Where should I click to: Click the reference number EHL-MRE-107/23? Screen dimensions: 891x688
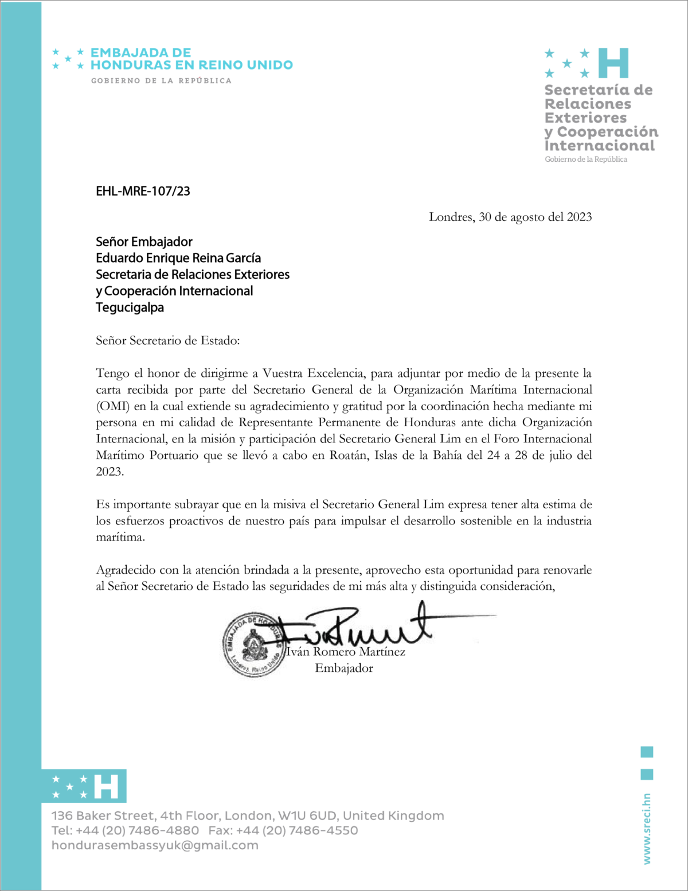[143, 191]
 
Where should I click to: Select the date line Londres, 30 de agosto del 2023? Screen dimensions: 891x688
[510, 217]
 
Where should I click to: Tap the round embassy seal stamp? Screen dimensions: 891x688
[253, 644]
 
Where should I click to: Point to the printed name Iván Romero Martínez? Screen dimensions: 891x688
[346, 652]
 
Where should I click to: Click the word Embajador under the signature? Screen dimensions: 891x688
[344, 668]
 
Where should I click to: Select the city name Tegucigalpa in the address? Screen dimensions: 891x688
[130, 308]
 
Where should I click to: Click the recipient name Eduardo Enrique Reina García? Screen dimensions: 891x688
[178, 258]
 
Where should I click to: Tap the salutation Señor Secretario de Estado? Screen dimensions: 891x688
[167, 341]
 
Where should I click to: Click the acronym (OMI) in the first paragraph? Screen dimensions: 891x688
[113, 406]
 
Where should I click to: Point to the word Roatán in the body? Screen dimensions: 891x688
[348, 456]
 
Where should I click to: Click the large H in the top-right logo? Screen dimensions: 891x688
[613, 63]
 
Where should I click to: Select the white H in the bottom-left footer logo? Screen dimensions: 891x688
[107, 787]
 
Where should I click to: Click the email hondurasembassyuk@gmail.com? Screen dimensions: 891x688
[155, 845]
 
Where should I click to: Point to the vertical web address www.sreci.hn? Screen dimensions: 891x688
[647, 829]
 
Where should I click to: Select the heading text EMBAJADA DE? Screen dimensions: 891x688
[140, 53]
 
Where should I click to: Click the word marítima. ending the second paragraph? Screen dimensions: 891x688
[120, 538]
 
